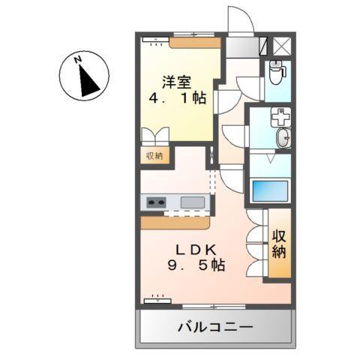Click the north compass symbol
point(83,76)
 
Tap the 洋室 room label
point(177,80)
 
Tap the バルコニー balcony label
point(215,328)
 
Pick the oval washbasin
point(283,139)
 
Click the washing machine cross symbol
point(279,117)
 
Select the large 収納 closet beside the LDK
point(280,244)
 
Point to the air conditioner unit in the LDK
point(158,299)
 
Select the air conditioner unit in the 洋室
point(157,42)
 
